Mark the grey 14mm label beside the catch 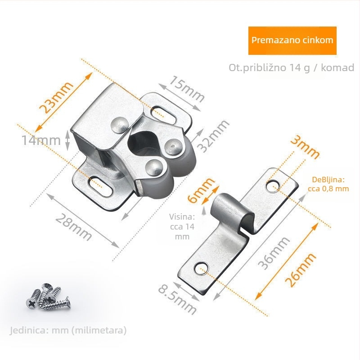click(41, 140)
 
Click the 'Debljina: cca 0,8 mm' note click(328, 184)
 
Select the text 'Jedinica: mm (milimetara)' click(68, 330)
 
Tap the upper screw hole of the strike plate click(272, 185)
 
